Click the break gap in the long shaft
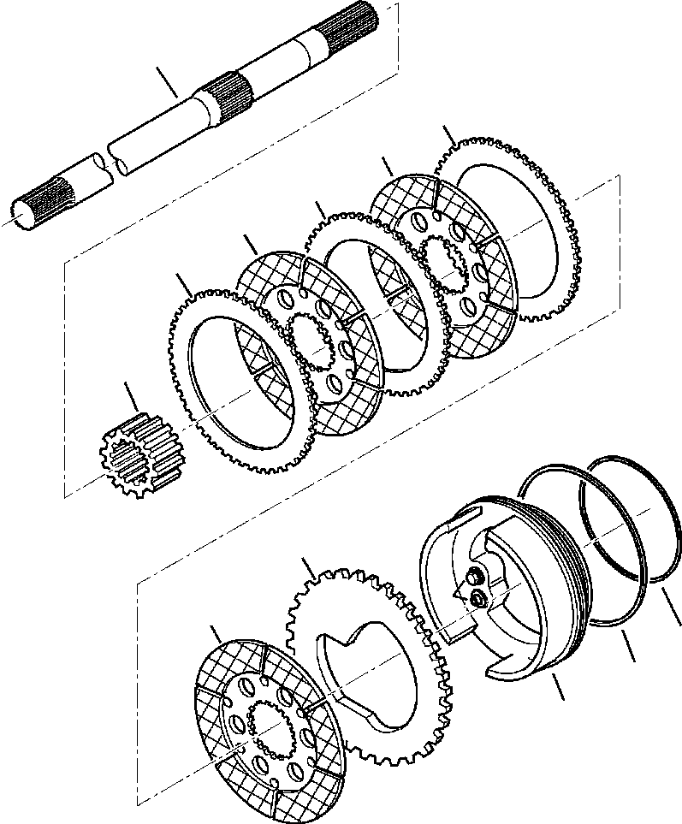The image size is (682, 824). (x=110, y=163)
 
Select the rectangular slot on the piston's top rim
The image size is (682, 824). (x=463, y=515)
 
